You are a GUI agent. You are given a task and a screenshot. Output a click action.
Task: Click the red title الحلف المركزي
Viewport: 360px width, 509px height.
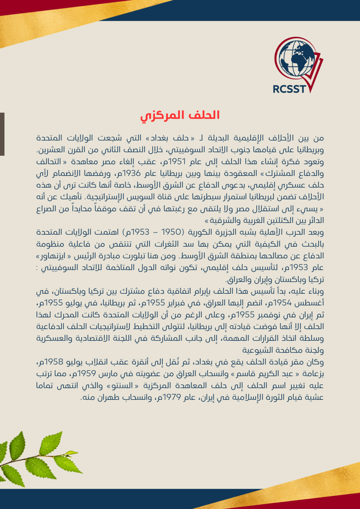pos(180,115)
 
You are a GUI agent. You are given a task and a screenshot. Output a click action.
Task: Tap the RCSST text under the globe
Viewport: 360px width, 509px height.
pos(289,89)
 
